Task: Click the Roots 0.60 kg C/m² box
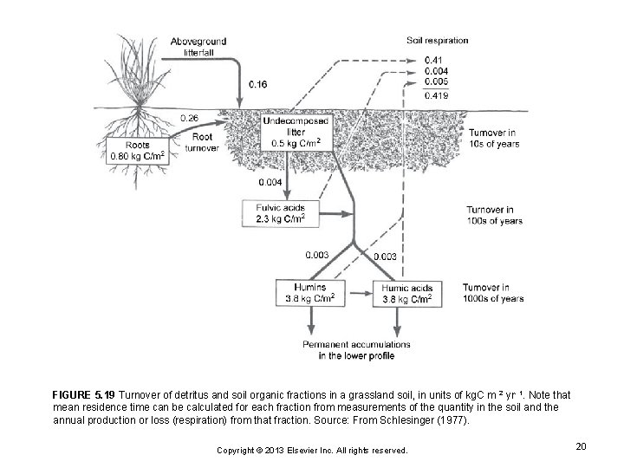(139, 151)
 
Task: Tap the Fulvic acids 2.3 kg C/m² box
(281, 213)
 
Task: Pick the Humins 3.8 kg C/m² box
(310, 292)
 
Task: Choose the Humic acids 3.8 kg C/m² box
(407, 292)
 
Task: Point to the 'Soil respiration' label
(437, 40)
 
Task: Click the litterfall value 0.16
(257, 85)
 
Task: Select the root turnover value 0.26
(189, 117)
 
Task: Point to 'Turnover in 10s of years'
(494, 139)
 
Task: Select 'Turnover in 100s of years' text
(494, 215)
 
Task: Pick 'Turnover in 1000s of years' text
(492, 292)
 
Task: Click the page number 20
(581, 445)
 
